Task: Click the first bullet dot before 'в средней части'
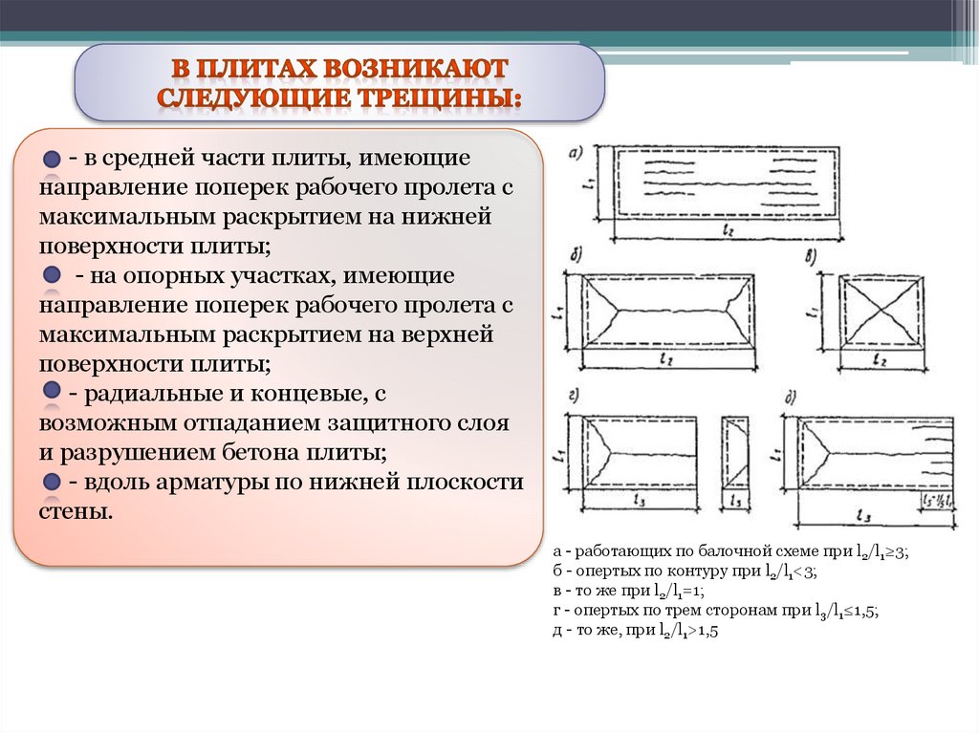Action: coord(51,158)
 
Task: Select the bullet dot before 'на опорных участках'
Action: coord(52,275)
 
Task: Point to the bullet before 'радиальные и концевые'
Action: coord(51,393)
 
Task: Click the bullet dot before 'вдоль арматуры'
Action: coord(52,482)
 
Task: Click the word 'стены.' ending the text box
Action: coord(76,511)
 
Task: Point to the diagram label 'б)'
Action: coord(577,256)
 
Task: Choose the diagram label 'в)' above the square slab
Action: coord(810,256)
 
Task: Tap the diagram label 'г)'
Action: coord(575,396)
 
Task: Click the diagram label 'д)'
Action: coord(791,396)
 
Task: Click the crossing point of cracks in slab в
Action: coord(879,311)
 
